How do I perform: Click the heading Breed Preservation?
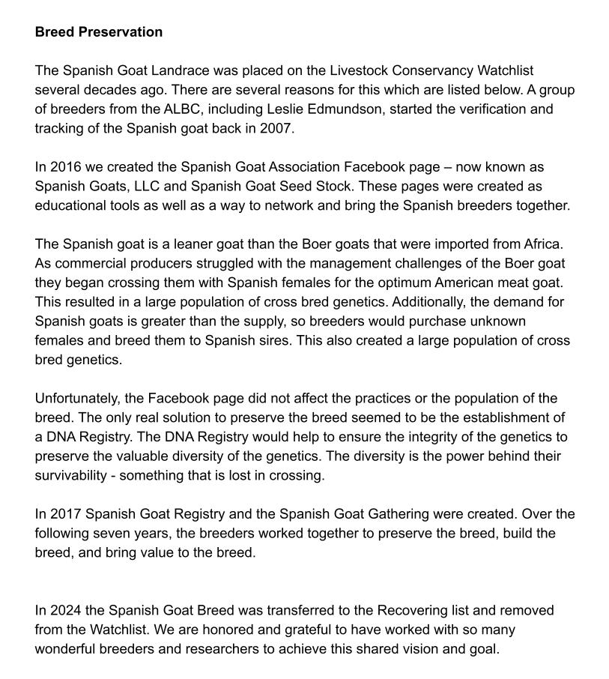pos(98,32)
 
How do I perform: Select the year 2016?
pos(65,166)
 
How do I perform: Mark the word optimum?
pos(425,283)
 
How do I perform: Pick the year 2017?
pos(65,514)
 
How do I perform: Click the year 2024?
pos(65,610)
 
